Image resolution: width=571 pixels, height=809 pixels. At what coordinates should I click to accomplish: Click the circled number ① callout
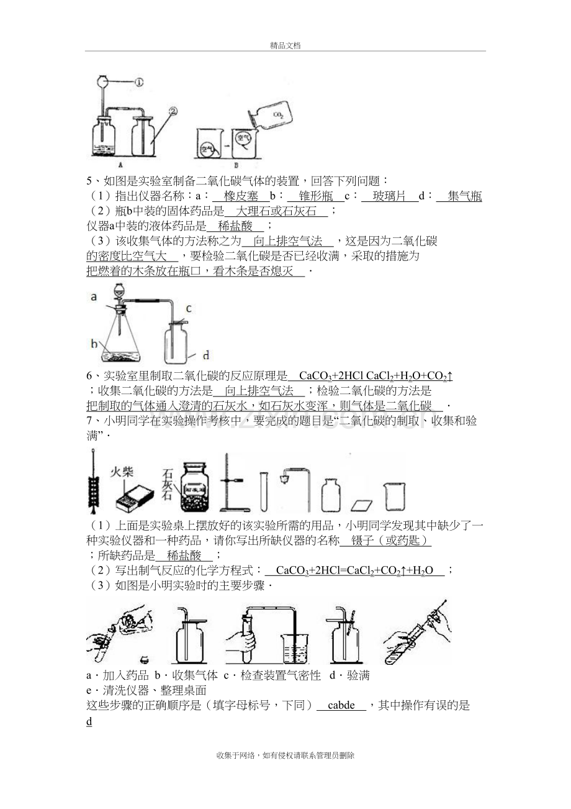point(139,83)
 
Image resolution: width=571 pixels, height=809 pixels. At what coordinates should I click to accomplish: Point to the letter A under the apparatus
point(120,165)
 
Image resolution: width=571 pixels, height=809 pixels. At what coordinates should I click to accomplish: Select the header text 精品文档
point(285,45)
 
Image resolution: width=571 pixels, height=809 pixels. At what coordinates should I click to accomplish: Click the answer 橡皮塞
point(241,196)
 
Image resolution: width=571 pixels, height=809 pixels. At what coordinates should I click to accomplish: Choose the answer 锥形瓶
point(316,196)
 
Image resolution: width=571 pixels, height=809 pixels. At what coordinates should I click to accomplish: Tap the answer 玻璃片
point(390,196)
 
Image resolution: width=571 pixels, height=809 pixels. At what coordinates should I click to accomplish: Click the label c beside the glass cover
point(189,309)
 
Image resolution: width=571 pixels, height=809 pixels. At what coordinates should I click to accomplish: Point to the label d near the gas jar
point(206,355)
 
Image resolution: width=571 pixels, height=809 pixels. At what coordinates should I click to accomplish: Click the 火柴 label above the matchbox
point(122,472)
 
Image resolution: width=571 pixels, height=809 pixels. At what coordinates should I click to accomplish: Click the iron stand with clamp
point(234,483)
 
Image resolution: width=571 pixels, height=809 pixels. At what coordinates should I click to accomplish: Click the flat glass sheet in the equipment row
point(362,505)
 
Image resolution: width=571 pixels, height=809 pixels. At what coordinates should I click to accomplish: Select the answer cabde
point(341,705)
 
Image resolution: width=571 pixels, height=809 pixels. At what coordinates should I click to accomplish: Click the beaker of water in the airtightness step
point(295,649)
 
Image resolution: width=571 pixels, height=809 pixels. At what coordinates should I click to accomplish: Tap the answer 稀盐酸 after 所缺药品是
point(184,555)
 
